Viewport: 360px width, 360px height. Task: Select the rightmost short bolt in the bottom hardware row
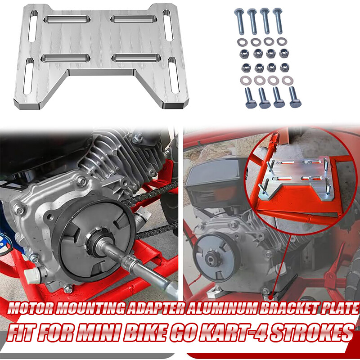pos(295,97)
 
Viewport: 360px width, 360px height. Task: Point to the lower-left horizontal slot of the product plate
pos(66,58)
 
